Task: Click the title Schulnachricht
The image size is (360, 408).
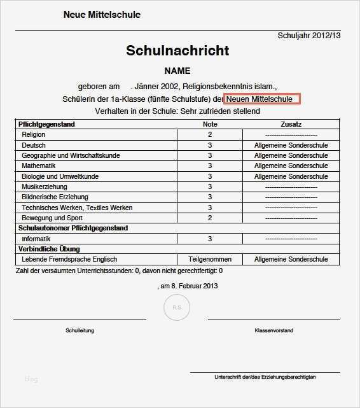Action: coord(177,50)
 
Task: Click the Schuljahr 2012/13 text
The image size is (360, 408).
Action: coord(309,36)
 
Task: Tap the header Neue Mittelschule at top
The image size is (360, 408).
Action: coord(102,15)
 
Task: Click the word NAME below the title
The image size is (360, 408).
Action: coord(177,71)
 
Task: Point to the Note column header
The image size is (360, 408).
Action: coord(210,124)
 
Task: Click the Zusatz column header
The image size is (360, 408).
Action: coord(291,124)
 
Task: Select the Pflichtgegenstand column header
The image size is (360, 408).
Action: coord(47,124)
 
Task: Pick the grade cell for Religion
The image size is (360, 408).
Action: coord(210,135)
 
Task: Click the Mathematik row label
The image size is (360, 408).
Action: coord(39,165)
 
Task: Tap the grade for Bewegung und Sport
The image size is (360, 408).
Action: coord(210,218)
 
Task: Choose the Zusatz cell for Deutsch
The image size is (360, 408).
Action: coord(291,145)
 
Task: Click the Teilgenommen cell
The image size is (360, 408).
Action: coord(210,260)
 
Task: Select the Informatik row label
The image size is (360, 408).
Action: coord(37,239)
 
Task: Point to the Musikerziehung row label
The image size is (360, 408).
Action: coord(45,186)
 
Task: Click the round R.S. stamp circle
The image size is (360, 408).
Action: coord(176,308)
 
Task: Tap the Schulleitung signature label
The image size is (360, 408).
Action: coord(80,331)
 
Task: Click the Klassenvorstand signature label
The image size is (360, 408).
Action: coord(273,331)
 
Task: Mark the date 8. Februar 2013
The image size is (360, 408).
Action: coord(189,286)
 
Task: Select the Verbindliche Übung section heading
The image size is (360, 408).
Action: coord(49,249)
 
